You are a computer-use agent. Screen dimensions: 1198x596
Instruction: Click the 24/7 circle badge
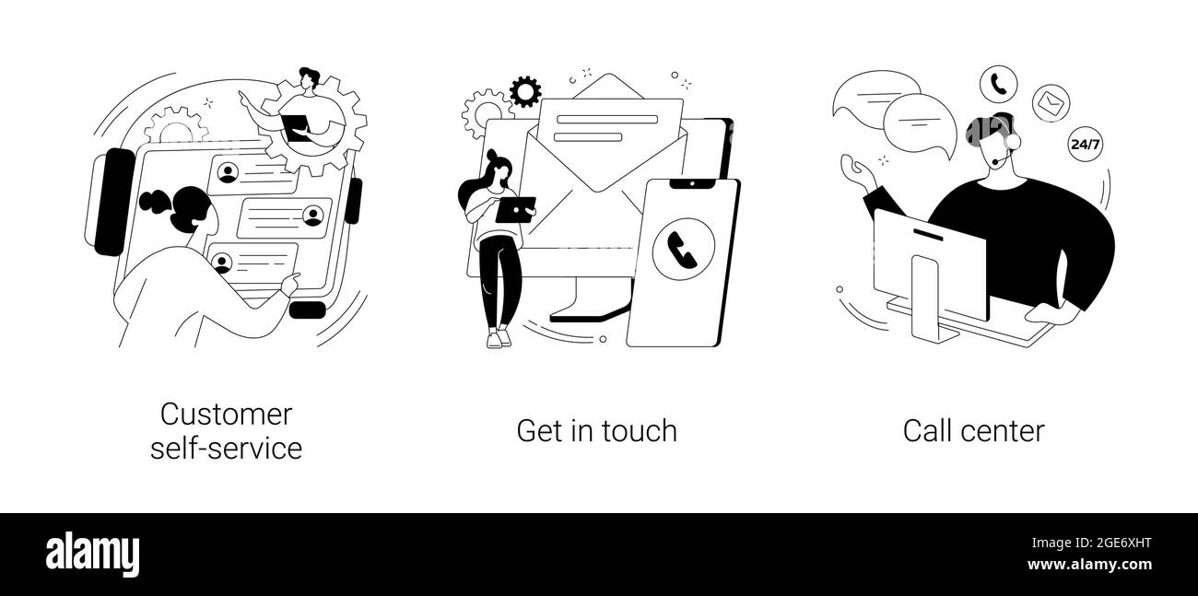tap(1086, 144)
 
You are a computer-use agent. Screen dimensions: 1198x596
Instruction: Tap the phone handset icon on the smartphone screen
tap(683, 249)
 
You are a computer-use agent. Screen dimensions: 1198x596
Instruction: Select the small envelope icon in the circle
tap(1051, 103)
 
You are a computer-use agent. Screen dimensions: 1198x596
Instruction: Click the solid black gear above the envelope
tap(525, 91)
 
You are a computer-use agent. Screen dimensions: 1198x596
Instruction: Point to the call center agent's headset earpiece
tap(1013, 142)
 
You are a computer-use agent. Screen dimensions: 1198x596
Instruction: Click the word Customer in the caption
tap(226, 415)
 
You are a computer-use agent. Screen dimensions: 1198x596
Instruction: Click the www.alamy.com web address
tap(1089, 565)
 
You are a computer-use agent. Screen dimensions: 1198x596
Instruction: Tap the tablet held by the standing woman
tap(515, 209)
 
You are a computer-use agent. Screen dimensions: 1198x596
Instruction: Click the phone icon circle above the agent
tap(998, 85)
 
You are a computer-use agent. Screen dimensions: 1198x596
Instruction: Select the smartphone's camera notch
tap(692, 184)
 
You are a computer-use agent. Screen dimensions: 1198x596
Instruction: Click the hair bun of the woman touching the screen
tap(155, 202)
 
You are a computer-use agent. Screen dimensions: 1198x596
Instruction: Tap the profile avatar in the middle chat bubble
tap(313, 216)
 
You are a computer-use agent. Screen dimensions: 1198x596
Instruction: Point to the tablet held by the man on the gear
tap(295, 129)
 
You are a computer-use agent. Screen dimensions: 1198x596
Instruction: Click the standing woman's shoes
tap(499, 339)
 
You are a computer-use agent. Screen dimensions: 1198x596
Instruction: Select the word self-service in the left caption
tap(226, 448)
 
